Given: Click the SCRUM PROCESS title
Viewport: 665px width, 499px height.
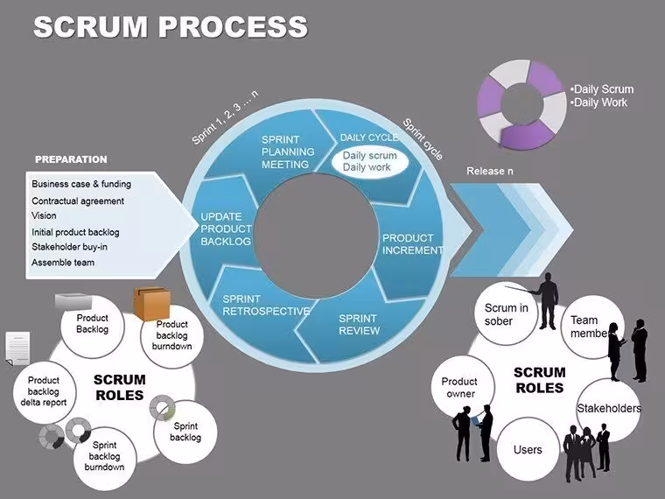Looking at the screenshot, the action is [170, 26].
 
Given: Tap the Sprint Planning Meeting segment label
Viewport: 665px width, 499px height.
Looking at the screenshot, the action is [288, 152].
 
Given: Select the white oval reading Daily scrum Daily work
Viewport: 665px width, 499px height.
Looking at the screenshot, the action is [370, 161].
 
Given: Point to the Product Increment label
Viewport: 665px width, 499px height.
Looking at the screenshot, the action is [412, 244].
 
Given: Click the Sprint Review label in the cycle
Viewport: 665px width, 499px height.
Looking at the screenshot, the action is [360, 325].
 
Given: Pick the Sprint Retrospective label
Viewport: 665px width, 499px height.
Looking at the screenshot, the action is [266, 305].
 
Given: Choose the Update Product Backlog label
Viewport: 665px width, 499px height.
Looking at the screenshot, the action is [226, 228].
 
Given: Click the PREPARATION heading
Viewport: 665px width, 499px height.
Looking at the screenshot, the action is [71, 159].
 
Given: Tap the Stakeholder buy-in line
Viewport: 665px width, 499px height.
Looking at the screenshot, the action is [69, 247].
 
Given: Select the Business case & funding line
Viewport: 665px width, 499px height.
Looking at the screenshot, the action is [81, 184].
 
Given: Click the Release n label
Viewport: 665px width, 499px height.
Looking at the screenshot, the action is [490, 171].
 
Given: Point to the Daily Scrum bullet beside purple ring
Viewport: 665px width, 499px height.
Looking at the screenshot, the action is [602, 89].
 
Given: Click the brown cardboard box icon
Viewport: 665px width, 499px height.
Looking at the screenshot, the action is [152, 303].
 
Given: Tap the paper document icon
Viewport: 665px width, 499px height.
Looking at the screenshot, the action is [17, 348].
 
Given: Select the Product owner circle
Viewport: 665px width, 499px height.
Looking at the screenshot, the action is [463, 387].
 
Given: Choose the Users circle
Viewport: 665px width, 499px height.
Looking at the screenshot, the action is [528, 449].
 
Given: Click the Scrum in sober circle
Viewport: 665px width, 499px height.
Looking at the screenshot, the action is [506, 313].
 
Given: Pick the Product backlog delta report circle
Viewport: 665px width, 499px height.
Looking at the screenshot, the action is [44, 391].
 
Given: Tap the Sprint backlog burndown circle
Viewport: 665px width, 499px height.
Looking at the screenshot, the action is [105, 458].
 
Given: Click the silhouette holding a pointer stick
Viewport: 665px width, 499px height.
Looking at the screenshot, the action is [546, 301].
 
